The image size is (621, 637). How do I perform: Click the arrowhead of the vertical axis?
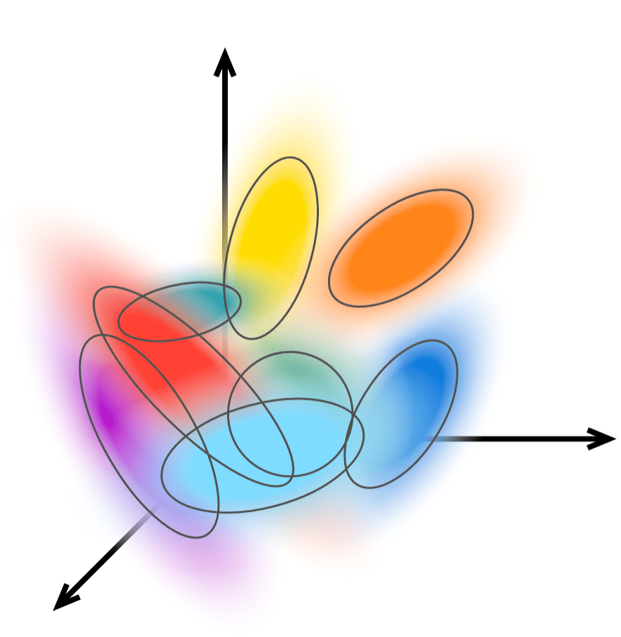coord(224,60)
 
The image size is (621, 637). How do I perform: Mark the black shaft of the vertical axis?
coord(224,140)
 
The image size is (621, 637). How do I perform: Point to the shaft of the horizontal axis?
coord(519,438)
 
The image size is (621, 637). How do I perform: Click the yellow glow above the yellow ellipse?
coord(294,133)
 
